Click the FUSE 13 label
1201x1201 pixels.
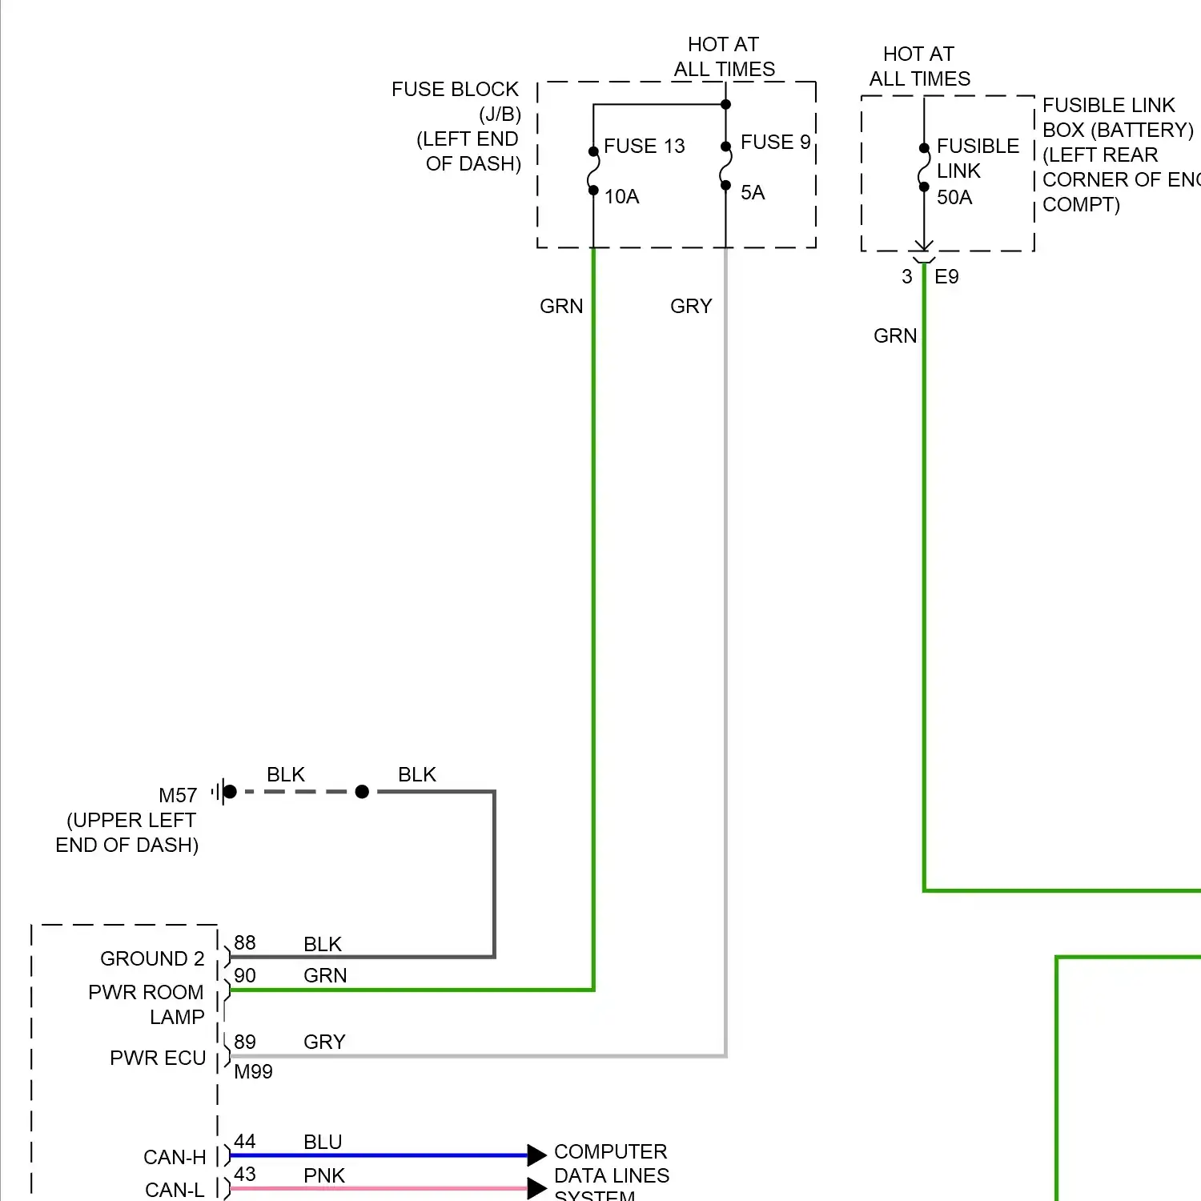click(x=644, y=146)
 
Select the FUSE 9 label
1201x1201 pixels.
click(x=775, y=143)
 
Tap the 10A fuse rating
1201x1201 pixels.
click(x=621, y=197)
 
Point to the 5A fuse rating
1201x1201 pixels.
click(x=753, y=193)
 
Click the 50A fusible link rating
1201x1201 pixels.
click(x=954, y=198)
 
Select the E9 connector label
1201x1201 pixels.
click(x=946, y=277)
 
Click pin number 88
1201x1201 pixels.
click(x=245, y=943)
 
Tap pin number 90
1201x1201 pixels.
click(x=245, y=976)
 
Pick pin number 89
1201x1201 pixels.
click(x=245, y=1042)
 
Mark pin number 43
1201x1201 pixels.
click(x=245, y=1175)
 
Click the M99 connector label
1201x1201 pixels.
click(x=253, y=1072)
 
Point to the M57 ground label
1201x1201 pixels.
click(x=178, y=796)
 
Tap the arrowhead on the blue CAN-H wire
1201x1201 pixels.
click(x=536, y=1155)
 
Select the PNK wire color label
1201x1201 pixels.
click(x=324, y=1176)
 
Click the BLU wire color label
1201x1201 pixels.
click(x=323, y=1143)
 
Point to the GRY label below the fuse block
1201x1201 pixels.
click(x=691, y=307)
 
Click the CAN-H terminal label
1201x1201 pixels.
click(x=175, y=1158)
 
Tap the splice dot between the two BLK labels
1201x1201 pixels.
click(x=362, y=792)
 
